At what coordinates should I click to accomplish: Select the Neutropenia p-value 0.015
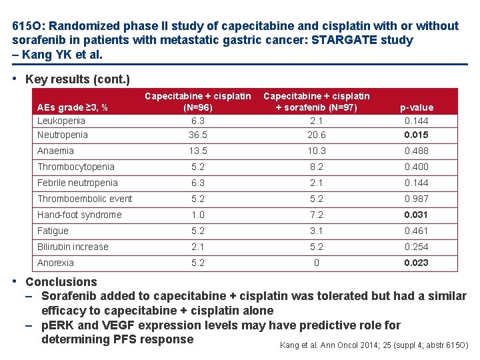click(416, 135)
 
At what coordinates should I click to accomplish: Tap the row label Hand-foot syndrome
click(79, 215)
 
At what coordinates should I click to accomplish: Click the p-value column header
click(417, 108)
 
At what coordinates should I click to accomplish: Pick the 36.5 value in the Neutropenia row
click(198, 135)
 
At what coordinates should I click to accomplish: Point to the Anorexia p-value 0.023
click(416, 263)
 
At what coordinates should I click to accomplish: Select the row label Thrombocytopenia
click(76, 167)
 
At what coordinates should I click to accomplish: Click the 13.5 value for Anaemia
click(198, 151)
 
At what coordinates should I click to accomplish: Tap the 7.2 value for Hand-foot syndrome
click(317, 215)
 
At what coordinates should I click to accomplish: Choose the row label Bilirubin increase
click(73, 247)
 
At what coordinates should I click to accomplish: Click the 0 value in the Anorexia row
click(317, 263)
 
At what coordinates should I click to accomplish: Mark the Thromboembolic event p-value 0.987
click(416, 199)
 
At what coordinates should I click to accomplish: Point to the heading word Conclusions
click(61, 282)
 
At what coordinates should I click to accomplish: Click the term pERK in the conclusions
click(57, 325)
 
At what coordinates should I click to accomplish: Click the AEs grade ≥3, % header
click(72, 108)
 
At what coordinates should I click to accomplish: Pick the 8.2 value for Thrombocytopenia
click(317, 167)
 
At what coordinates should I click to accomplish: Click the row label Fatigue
click(53, 231)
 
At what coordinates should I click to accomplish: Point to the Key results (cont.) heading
click(78, 79)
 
